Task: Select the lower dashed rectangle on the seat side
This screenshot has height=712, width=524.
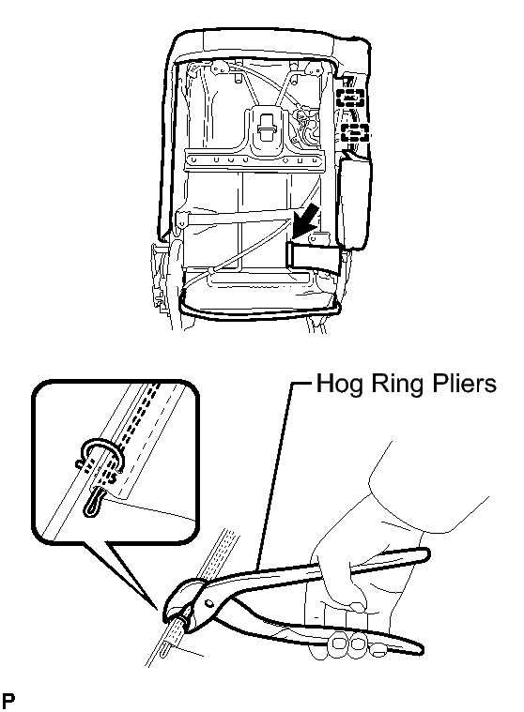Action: tap(355, 132)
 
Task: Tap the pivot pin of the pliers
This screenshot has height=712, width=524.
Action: tap(208, 603)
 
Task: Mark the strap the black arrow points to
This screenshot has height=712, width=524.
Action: tap(314, 256)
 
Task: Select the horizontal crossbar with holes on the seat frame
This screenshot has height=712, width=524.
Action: tap(255, 160)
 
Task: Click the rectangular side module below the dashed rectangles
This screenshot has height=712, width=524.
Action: tap(354, 201)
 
